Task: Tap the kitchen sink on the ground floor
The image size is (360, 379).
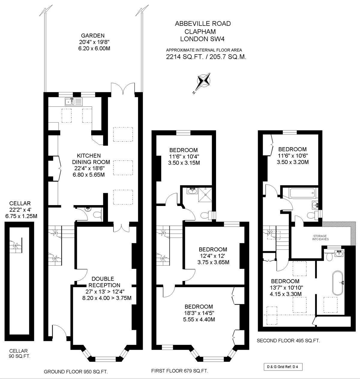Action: [x=73, y=102]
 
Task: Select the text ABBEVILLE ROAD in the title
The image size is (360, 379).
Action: [x=203, y=24]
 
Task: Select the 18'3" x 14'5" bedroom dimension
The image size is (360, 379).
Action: [x=199, y=313]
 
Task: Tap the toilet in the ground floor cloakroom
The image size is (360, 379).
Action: [x=97, y=215]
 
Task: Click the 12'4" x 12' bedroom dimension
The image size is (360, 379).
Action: [x=213, y=256]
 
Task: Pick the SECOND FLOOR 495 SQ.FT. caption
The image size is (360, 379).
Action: [x=288, y=341]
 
